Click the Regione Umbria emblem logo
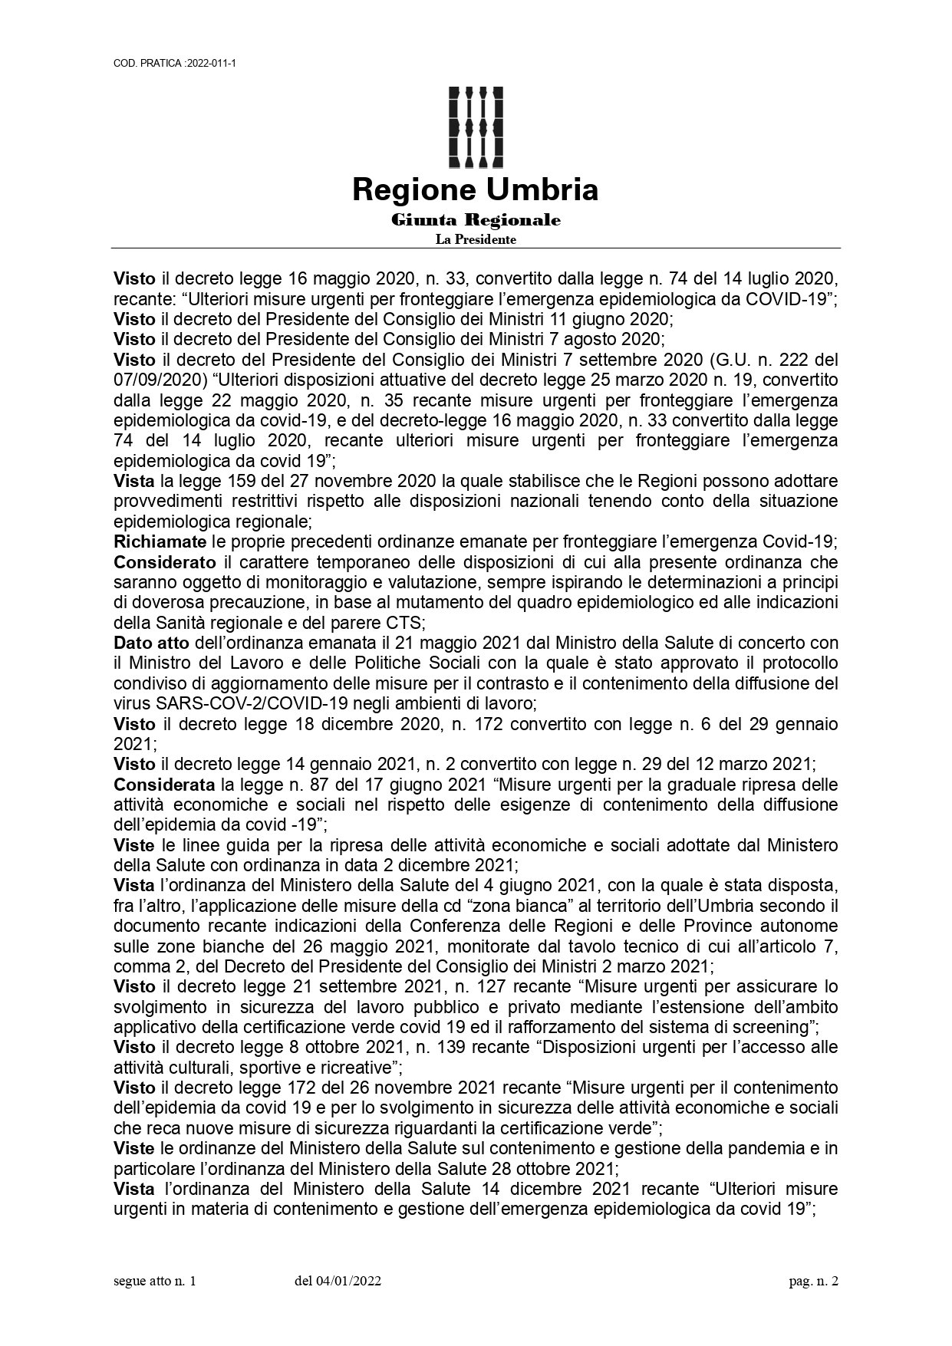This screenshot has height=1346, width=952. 476,127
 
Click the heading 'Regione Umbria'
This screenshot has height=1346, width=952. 476,189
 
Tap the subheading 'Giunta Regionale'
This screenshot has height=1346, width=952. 476,221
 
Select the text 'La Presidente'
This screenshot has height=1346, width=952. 476,240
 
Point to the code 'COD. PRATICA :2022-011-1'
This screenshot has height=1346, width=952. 173,64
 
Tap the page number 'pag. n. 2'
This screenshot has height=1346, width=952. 814,1282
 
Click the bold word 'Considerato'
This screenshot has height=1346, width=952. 164,561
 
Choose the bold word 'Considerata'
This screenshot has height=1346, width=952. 164,785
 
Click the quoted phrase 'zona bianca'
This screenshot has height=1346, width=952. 516,906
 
